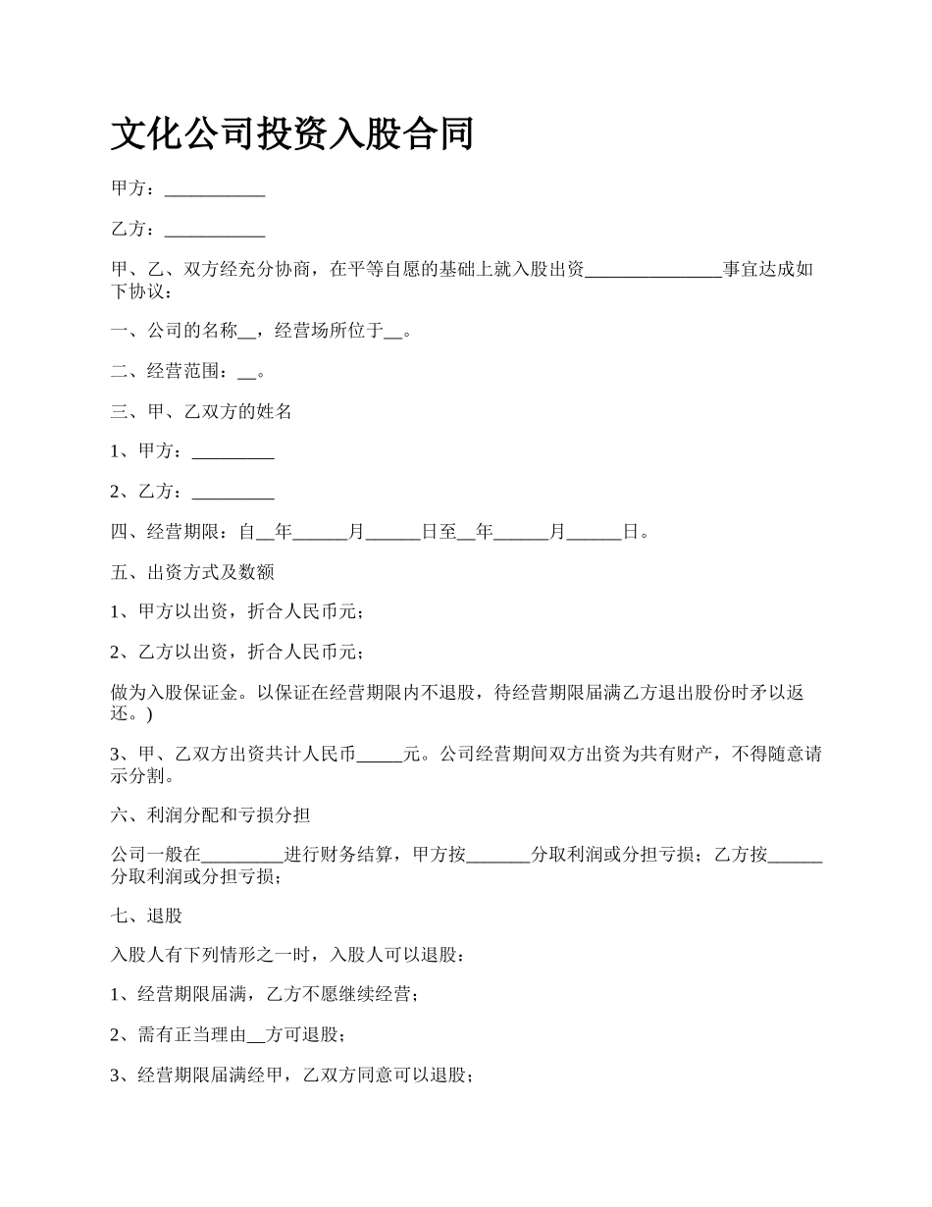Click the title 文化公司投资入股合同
pos(292,133)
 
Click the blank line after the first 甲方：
pos(215,189)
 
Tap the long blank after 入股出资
pos(653,270)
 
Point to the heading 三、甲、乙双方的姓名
pos(202,412)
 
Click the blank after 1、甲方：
pos(233,451)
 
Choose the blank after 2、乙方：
pos(233,492)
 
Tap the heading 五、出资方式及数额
pos(192,572)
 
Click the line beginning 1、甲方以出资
pos(238,612)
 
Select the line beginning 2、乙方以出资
pos(238,652)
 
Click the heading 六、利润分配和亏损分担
pos(211,815)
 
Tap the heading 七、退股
pos(147,917)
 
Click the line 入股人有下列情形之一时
pos(283,955)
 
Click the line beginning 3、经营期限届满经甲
pos(292,1076)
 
